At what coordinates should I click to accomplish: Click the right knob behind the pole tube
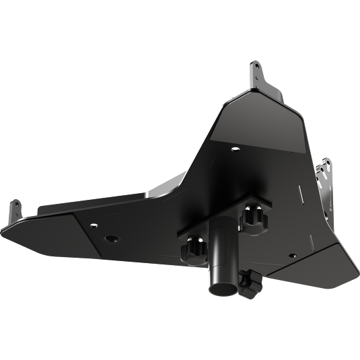click(254, 217)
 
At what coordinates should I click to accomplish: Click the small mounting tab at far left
click(13, 209)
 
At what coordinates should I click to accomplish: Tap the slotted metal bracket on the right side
click(326, 185)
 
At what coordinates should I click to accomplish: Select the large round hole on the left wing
click(110, 238)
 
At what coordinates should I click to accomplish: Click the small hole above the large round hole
click(94, 225)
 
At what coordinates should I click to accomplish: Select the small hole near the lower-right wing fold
click(291, 256)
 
